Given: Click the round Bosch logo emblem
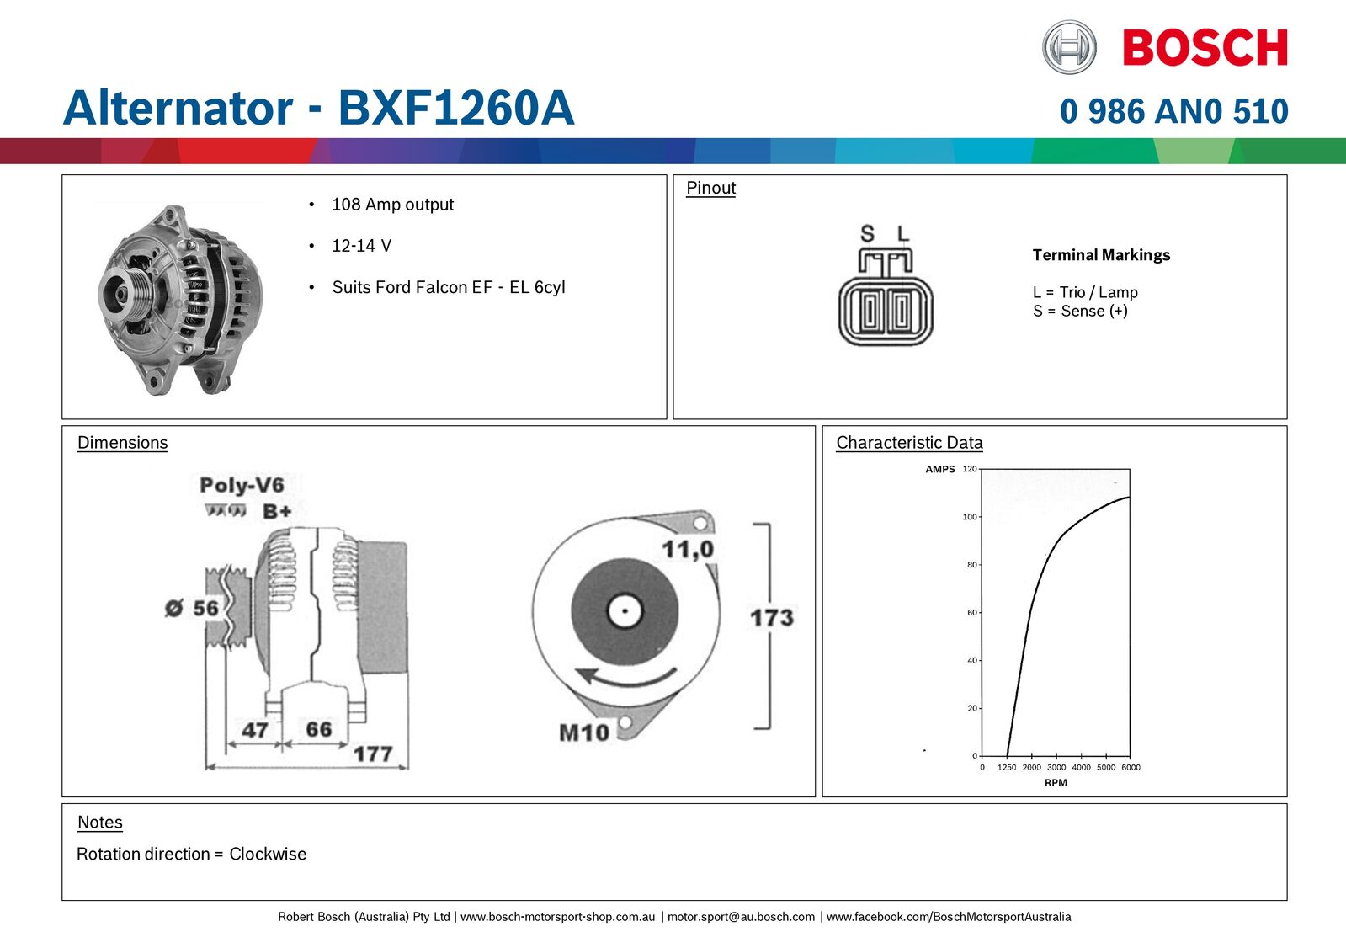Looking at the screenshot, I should click(x=1069, y=47).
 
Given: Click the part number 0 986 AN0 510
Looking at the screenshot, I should click(x=1173, y=111).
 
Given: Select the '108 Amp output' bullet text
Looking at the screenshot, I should click(x=392, y=205).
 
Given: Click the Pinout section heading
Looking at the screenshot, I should click(x=710, y=188).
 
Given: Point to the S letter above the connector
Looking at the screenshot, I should click(x=867, y=233).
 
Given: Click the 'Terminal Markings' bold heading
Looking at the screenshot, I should click(x=1101, y=255).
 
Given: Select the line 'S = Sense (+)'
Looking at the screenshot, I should click(x=1080, y=312).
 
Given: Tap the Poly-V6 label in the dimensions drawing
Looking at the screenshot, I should click(x=242, y=485).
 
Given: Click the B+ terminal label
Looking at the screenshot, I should click(x=277, y=511).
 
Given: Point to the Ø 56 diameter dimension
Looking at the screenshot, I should click(x=192, y=608).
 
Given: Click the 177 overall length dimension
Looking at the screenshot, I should click(x=373, y=753).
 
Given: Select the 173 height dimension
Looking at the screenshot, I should click(x=771, y=618).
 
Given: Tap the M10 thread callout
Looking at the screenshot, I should click(x=583, y=732).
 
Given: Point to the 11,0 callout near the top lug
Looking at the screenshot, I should click(x=687, y=550).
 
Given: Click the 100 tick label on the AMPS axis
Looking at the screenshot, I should click(x=970, y=517).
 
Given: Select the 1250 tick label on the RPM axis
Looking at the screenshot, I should click(x=1007, y=768).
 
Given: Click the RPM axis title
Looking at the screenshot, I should click(x=1056, y=783).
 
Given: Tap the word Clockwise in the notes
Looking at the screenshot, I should click(x=268, y=854).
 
